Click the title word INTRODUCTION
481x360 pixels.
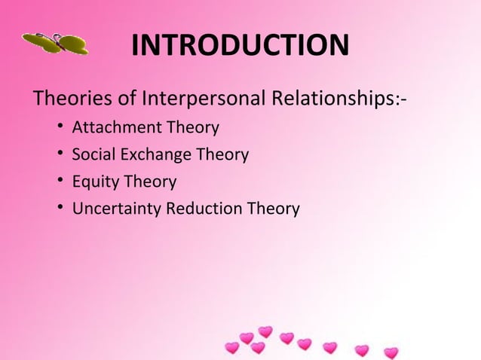click(x=240, y=47)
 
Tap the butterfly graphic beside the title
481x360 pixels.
click(x=55, y=44)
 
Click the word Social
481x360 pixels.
click(x=89, y=155)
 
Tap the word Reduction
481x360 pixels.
click(x=203, y=209)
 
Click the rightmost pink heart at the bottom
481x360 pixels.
click(x=391, y=352)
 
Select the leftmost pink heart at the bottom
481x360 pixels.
click(x=232, y=348)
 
